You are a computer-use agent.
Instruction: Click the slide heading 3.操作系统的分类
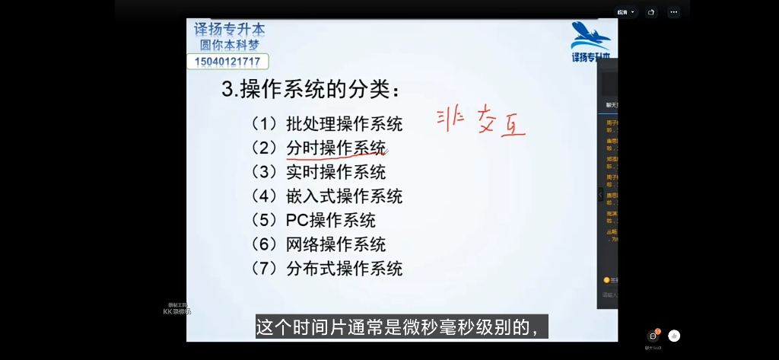pos(310,90)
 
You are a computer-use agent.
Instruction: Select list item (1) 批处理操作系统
pos(327,123)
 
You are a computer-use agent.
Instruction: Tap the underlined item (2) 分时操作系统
pos(319,148)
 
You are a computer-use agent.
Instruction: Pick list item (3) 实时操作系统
pos(319,172)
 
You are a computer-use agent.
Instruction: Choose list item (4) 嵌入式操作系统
pos(327,196)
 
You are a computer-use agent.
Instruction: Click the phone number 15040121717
pos(227,62)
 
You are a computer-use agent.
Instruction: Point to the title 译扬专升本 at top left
pos(229,30)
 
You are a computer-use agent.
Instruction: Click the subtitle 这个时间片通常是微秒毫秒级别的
pos(401,328)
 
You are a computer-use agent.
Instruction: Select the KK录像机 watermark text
pos(177,311)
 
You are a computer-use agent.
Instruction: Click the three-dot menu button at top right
pos(674,12)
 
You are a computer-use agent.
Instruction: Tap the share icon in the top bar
pos(651,12)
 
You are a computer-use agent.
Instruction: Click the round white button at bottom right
pos(674,336)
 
